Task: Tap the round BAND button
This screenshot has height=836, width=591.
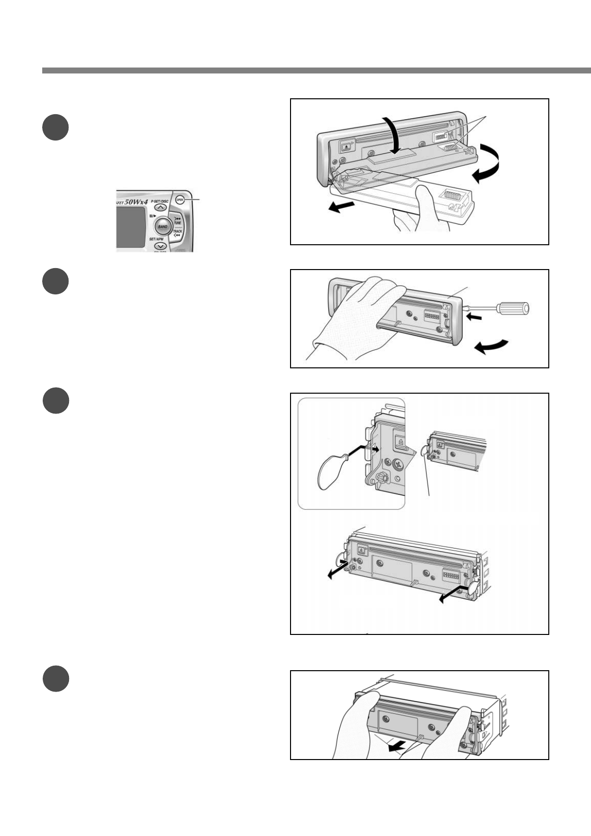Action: (x=162, y=226)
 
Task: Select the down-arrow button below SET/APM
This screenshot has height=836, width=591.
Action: (x=160, y=246)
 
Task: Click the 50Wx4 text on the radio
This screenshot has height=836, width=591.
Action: (x=132, y=204)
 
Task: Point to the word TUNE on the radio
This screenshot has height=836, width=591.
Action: (x=177, y=223)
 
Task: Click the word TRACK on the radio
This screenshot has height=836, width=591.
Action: (x=177, y=231)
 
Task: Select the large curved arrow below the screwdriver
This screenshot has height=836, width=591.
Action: (x=491, y=346)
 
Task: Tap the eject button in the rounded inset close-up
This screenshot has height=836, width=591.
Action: (x=400, y=441)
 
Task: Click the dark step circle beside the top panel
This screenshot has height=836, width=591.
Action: (x=55, y=128)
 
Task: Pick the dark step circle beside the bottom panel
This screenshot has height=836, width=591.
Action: (x=55, y=679)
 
